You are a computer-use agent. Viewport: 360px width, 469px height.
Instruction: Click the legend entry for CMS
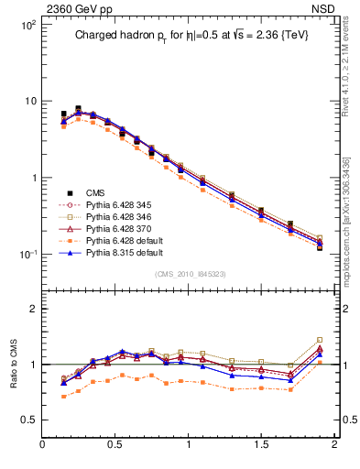96,192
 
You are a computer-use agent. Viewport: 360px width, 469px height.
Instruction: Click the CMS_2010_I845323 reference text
188,274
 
